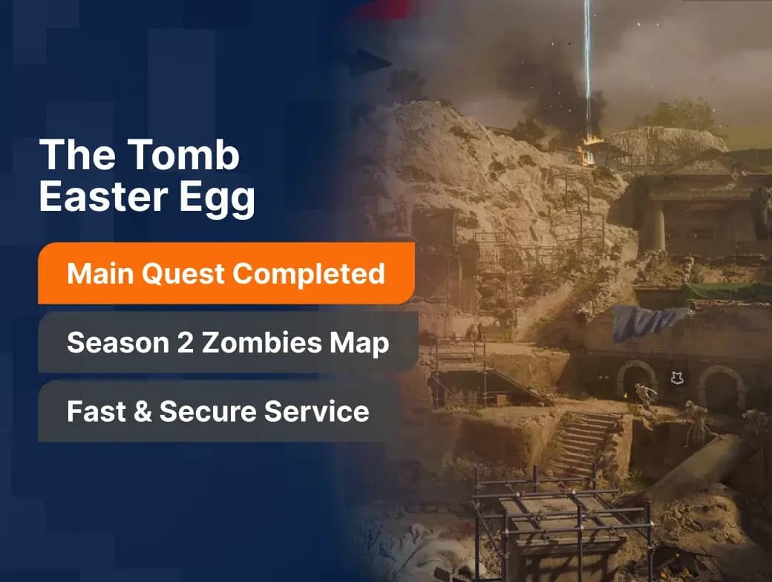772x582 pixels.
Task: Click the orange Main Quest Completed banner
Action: pyautogui.click(x=226, y=273)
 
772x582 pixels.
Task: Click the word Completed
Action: pyautogui.click(x=309, y=274)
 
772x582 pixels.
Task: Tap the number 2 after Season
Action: pyautogui.click(x=185, y=342)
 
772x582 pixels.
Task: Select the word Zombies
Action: pyautogui.click(x=261, y=341)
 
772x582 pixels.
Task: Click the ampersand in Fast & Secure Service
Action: pyautogui.click(x=143, y=412)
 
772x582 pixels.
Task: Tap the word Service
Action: pyautogui.click(x=316, y=411)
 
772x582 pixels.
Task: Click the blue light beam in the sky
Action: pyautogui.click(x=587, y=69)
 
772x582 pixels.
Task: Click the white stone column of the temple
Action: pyautogui.click(x=659, y=229)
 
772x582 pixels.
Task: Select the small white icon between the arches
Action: pyautogui.click(x=677, y=378)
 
